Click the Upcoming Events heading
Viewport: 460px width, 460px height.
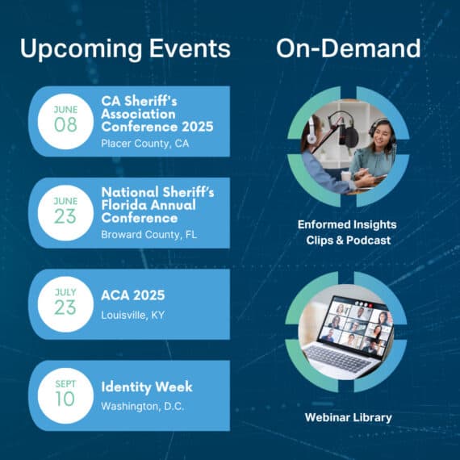click(125, 48)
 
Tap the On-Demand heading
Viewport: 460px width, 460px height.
click(348, 48)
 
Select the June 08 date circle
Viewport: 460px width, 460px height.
click(65, 121)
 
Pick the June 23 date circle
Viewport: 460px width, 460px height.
click(65, 213)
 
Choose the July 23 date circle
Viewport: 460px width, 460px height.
click(65, 304)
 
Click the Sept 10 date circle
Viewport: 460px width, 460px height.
click(65, 395)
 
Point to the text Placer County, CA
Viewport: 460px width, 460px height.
click(145, 144)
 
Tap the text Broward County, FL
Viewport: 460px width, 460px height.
click(149, 235)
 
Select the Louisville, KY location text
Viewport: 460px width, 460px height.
click(132, 316)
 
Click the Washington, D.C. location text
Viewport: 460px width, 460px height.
click(143, 407)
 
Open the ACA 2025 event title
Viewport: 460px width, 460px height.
click(133, 295)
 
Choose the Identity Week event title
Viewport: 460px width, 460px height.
click(147, 387)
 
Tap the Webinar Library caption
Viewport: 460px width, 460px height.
click(348, 417)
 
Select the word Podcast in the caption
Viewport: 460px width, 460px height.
click(369, 240)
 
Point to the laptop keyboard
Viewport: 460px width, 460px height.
click(338, 358)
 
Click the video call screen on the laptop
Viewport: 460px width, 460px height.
click(358, 326)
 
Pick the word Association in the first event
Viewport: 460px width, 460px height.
click(138, 114)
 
